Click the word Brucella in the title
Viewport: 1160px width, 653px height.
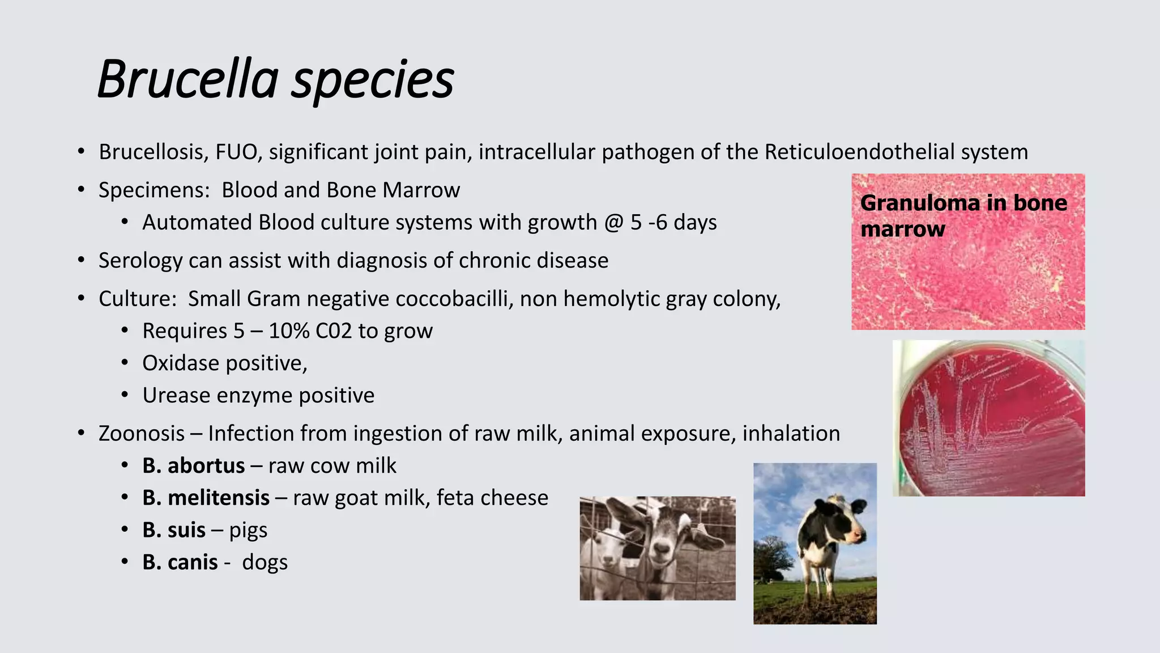pos(187,79)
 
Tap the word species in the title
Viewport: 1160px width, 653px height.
pos(372,79)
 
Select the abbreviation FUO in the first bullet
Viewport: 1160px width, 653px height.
pos(237,152)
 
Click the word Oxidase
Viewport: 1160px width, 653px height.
pos(183,363)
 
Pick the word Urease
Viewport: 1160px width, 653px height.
pos(176,396)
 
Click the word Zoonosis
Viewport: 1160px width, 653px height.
pos(142,434)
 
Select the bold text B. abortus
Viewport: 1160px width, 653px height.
pos(193,466)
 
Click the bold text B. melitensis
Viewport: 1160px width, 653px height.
pos(206,498)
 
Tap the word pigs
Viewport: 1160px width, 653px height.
pos(248,531)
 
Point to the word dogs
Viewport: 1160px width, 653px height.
pos(265,563)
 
